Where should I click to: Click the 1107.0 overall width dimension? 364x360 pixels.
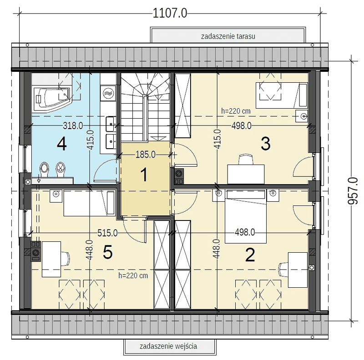pyautogui.click(x=170, y=13)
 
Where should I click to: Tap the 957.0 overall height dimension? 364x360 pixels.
pyautogui.click(x=353, y=190)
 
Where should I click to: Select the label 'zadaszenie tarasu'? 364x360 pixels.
pyautogui.click(x=228, y=36)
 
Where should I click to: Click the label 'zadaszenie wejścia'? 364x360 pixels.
pyautogui.click(x=168, y=346)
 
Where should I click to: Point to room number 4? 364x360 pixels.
pyautogui.click(x=62, y=144)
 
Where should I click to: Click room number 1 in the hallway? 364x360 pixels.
pyautogui.click(x=144, y=175)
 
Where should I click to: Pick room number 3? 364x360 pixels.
pyautogui.click(x=266, y=144)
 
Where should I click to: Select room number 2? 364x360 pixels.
pyautogui.click(x=250, y=255)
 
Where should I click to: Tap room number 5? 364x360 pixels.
pyautogui.click(x=108, y=252)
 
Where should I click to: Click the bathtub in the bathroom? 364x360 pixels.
pyautogui.click(x=51, y=99)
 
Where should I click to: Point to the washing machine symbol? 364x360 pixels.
pyautogui.click(x=108, y=93)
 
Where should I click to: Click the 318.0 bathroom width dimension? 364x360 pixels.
pyautogui.click(x=73, y=126)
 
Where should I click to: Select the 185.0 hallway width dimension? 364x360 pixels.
pyautogui.click(x=146, y=155)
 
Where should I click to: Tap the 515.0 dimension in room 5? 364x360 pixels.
pyautogui.click(x=107, y=233)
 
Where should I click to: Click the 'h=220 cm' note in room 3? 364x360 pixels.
pyautogui.click(x=236, y=111)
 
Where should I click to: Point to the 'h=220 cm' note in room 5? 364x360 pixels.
pyautogui.click(x=133, y=275)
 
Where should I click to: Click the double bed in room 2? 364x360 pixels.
pyautogui.click(x=246, y=216)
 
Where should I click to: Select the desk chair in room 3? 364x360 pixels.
pyautogui.click(x=246, y=159)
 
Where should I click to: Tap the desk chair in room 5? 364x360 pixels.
pyautogui.click(x=65, y=259)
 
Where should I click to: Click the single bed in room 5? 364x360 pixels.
pyautogui.click(x=89, y=203)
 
